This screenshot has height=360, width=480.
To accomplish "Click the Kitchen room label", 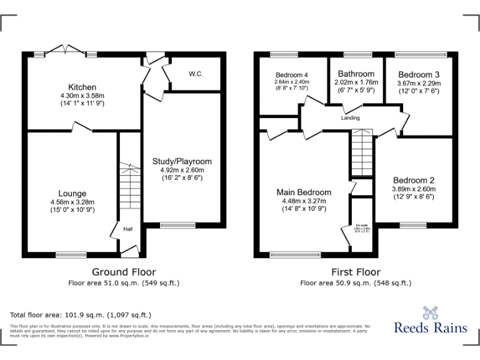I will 82,87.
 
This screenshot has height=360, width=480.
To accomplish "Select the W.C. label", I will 196,74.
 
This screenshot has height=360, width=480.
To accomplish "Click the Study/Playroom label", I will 182,161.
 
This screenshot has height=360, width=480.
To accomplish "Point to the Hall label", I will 127,229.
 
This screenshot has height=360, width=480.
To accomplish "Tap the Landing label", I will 350,117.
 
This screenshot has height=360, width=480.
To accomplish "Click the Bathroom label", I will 356,74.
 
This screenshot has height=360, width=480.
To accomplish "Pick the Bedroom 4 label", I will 292,74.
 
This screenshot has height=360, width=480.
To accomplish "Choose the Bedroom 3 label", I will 419,74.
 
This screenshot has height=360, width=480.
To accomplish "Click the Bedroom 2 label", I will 412,180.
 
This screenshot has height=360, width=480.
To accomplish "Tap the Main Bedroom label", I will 304,192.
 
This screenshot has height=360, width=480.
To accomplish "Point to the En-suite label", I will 362,225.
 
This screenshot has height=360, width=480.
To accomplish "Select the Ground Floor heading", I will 124,272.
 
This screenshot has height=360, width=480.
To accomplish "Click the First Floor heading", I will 356,272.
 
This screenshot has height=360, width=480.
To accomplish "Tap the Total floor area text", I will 81,315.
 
